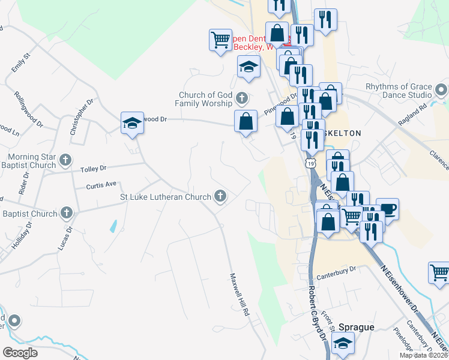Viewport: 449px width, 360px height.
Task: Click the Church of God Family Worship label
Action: point(205,99)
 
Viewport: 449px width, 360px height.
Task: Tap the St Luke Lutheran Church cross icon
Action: point(220,196)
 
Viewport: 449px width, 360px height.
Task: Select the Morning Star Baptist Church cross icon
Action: point(66,160)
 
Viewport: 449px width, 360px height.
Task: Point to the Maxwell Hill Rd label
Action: point(238,295)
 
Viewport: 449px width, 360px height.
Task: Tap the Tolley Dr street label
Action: point(93,169)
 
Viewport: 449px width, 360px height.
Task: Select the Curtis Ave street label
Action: point(100,186)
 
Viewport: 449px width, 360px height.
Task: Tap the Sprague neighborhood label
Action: point(356,327)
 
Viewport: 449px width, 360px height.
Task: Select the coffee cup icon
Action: point(387,209)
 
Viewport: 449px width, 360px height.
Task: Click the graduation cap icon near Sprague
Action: point(343,343)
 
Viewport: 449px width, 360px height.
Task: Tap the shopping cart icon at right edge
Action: point(439,273)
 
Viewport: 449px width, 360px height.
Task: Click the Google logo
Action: point(20,353)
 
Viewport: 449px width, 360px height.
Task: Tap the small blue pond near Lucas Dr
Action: point(113,226)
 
